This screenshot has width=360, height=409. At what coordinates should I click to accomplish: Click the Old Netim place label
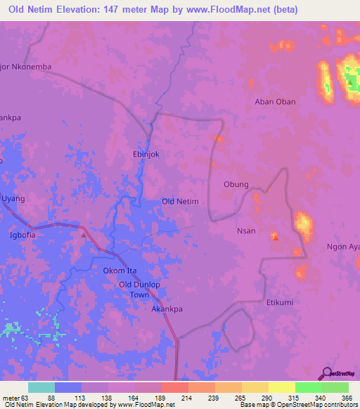click(180, 202)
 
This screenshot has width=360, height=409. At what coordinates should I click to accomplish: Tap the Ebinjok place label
click(147, 154)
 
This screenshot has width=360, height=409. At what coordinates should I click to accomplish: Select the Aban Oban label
click(275, 101)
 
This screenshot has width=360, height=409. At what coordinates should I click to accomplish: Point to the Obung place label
click(236, 185)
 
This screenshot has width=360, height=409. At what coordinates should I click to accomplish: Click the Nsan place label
click(246, 230)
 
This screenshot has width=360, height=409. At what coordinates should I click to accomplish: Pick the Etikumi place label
click(278, 302)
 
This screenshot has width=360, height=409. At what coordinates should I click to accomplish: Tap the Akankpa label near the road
click(168, 309)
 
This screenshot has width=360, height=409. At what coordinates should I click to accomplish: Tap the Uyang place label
click(13, 199)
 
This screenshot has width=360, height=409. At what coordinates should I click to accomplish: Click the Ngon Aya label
click(343, 247)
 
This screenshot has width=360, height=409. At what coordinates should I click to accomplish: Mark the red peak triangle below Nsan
click(275, 238)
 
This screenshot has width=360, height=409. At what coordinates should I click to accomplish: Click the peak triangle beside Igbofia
click(84, 235)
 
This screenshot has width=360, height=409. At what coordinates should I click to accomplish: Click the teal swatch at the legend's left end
click(41, 387)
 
